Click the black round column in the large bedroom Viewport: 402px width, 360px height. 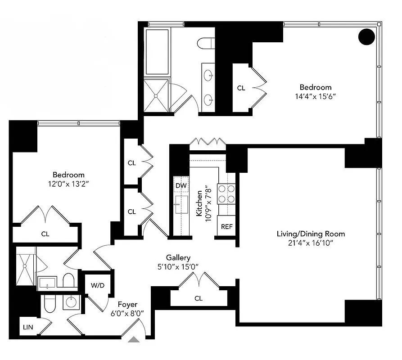tap(367, 36)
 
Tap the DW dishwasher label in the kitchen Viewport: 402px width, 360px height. tap(181, 185)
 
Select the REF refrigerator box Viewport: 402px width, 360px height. tap(226, 226)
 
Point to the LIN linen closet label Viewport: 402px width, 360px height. tap(27, 327)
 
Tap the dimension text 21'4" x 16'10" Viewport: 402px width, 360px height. tap(311, 243)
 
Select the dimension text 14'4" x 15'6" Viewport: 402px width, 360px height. tap(316, 96)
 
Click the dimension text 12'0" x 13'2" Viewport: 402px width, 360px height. tap(68, 184)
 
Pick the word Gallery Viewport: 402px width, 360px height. tap(178, 257)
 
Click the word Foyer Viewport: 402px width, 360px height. tap(128, 305)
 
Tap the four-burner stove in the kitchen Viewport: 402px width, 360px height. tap(226, 194)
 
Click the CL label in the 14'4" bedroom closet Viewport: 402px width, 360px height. tap(241, 88)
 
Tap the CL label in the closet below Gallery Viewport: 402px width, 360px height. tap(199, 298)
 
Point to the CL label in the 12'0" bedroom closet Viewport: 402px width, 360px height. tap(45, 234)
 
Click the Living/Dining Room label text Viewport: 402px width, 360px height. tap(311, 234)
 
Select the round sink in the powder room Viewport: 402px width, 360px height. tap(71, 302)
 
